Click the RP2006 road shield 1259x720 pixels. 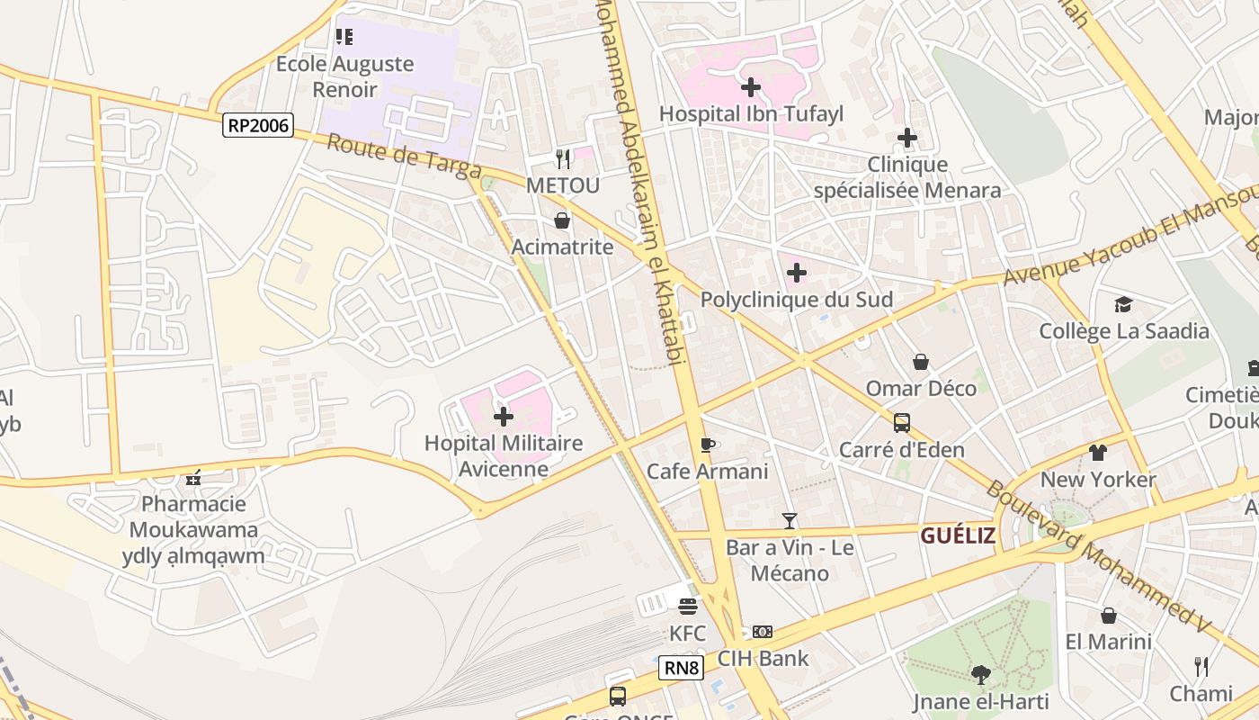point(258,125)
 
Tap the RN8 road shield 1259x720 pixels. point(681,668)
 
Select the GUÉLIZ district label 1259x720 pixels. point(958,535)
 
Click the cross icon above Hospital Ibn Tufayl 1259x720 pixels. point(750,87)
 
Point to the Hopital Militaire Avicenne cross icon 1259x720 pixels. point(504,416)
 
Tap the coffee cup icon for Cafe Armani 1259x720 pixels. point(708,445)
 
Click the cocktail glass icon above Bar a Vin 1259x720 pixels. point(790,520)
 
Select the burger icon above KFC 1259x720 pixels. point(688,607)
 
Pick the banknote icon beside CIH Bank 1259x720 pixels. point(763,632)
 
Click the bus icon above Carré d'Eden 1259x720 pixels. point(901,422)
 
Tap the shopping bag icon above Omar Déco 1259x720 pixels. point(921,362)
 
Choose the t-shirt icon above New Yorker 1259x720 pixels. point(1097,452)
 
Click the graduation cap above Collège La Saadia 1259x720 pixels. point(1123,304)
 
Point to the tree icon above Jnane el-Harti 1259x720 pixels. point(980,674)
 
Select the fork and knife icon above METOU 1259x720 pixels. point(563,159)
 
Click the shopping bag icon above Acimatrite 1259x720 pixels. point(562,220)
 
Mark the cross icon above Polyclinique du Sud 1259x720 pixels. point(796,272)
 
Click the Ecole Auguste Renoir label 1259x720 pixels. point(344,76)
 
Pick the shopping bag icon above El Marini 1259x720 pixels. point(1108,615)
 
